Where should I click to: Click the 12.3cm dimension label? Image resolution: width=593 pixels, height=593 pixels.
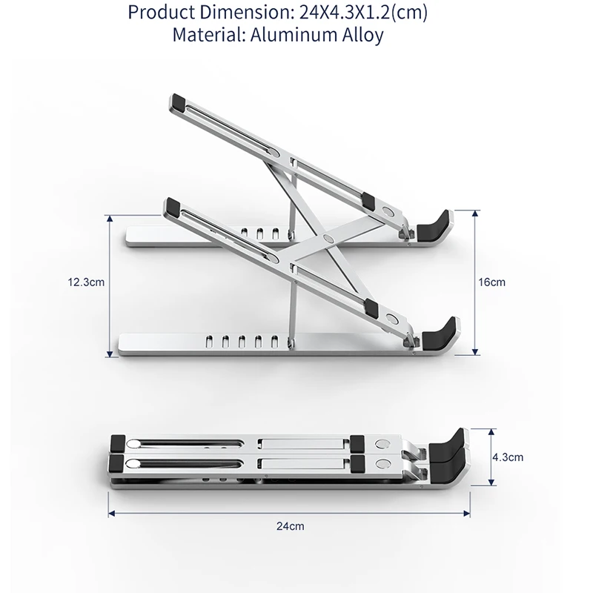pyautogui.click(x=86, y=282)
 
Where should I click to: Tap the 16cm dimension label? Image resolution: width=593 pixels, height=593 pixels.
pyautogui.click(x=491, y=282)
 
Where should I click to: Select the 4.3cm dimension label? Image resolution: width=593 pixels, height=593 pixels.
pyautogui.click(x=508, y=457)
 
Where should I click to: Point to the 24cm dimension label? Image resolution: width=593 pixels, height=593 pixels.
pyautogui.click(x=290, y=526)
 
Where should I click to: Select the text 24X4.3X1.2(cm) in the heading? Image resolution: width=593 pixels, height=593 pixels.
pyautogui.click(x=363, y=13)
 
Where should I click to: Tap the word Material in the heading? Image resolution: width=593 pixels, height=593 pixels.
pyautogui.click(x=209, y=35)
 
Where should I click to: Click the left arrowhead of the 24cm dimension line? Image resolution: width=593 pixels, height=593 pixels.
pyautogui.click(x=112, y=513)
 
